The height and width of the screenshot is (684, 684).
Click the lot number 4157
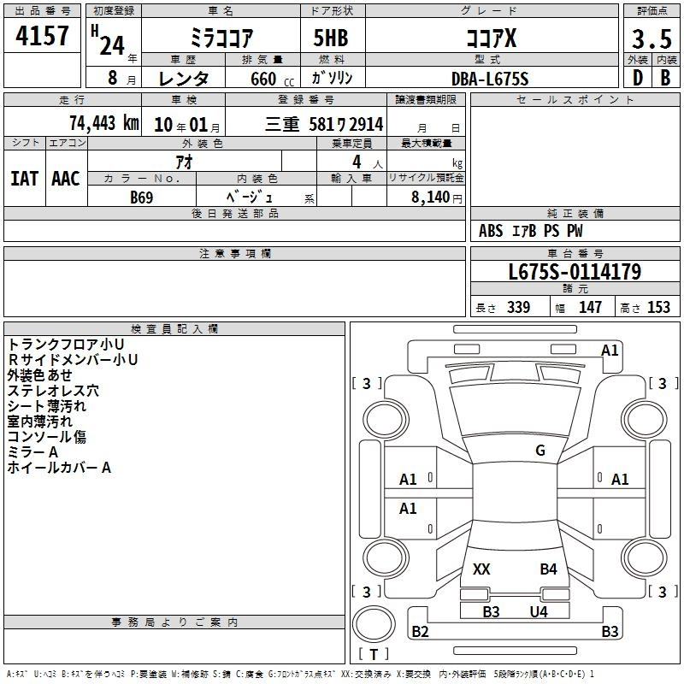pyautogui.click(x=42, y=36)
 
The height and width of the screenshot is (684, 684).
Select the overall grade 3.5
pyautogui.click(x=652, y=39)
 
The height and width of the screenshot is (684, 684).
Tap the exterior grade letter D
pyautogui.click(x=638, y=78)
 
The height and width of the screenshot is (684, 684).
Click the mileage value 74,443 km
pyautogui.click(x=104, y=123)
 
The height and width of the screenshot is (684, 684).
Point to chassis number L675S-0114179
pyautogui.click(x=575, y=272)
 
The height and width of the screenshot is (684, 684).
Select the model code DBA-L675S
pyautogui.click(x=490, y=79)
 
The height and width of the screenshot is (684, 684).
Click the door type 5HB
pyautogui.click(x=331, y=38)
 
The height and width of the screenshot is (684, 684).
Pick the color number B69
pyautogui.click(x=142, y=198)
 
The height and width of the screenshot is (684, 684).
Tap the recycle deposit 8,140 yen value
pyautogui.click(x=437, y=198)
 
